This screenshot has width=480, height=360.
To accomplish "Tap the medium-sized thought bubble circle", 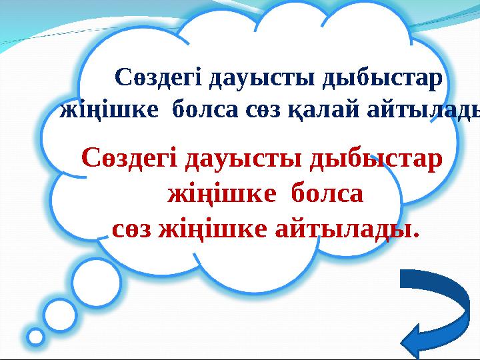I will coord(60,314).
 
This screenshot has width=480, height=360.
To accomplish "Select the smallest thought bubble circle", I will coord(35,337).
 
